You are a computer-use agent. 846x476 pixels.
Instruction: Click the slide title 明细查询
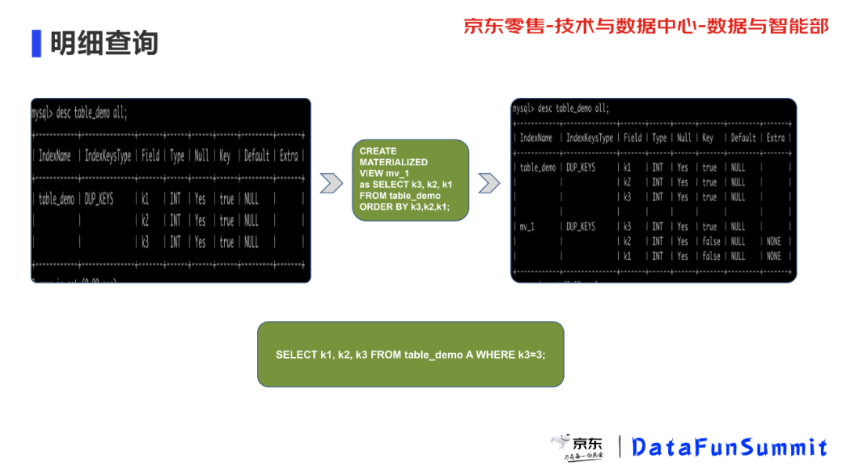[104, 42]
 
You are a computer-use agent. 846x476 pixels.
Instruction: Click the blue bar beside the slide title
[36, 43]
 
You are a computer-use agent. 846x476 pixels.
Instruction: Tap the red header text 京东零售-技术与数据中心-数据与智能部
[645, 26]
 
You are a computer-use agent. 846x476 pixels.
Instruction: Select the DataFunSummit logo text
[729, 447]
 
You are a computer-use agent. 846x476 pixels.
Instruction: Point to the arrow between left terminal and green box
[331, 183]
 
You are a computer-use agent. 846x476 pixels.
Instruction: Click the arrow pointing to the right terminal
[489, 183]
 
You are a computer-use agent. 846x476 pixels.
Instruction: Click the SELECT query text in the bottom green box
[410, 355]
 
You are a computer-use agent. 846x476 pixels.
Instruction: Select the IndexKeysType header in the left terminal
[108, 156]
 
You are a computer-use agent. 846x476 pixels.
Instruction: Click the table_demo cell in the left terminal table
[56, 200]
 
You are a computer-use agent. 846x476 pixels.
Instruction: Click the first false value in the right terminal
[710, 242]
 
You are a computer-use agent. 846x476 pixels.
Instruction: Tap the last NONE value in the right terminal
[774, 256]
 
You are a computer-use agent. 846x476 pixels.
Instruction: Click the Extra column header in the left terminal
[289, 156]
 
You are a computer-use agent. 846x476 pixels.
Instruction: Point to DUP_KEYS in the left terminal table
[99, 200]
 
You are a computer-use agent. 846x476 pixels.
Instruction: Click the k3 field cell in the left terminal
[145, 243]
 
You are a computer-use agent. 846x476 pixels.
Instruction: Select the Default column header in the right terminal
[743, 138]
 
